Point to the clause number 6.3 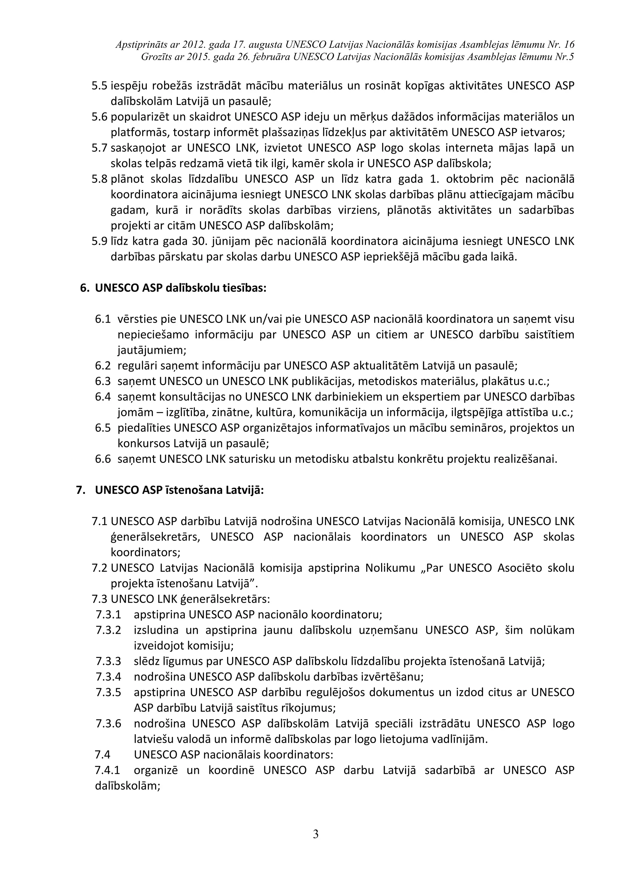coord(103,381)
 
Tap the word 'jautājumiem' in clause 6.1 coord(152,350)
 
